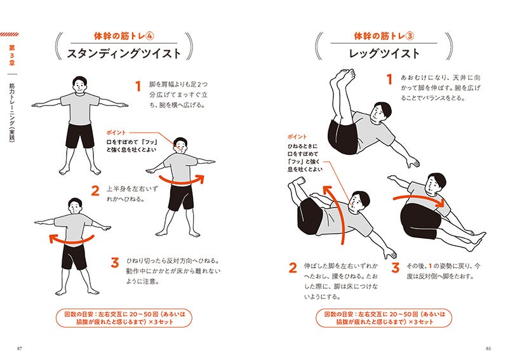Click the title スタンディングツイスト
124,53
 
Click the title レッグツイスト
384,53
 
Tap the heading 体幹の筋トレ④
124,36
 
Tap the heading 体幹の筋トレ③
384,36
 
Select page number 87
19,349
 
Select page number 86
488,349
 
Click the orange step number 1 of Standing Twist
138,86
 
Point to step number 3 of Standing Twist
115,262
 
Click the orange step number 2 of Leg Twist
293,268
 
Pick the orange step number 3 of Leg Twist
395,268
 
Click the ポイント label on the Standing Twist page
116,133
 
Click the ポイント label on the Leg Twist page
297,137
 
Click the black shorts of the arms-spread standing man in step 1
80,135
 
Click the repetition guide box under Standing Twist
124,318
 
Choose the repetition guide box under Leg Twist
384,318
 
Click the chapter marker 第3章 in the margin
12,55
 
